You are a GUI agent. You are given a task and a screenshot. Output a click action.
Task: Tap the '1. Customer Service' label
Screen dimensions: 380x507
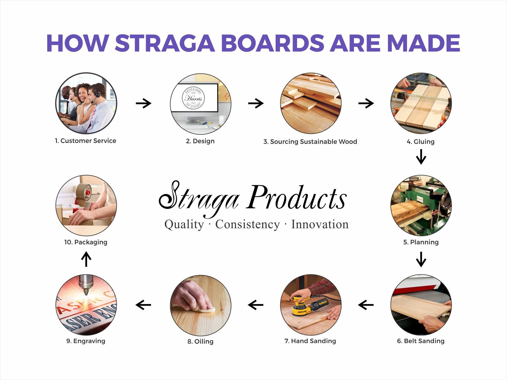point(85,141)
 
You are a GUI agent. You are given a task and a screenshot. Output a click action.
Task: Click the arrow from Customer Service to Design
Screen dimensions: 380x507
point(143,103)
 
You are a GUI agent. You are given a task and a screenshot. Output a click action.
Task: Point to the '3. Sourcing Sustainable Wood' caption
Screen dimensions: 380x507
point(310,142)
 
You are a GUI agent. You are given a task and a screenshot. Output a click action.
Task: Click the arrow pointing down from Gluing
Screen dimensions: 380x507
point(421,157)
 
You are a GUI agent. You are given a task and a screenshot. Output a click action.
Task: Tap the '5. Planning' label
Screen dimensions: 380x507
point(421,242)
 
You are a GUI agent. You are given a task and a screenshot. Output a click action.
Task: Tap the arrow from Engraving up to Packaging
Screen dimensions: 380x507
point(86,259)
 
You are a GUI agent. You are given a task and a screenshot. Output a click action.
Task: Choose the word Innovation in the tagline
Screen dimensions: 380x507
point(320,224)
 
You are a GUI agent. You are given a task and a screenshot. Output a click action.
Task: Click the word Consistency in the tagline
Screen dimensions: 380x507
point(247,224)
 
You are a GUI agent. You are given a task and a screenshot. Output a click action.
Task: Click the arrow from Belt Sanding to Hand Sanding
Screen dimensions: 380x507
point(366,305)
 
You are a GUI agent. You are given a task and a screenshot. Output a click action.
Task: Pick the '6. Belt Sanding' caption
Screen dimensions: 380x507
point(420,341)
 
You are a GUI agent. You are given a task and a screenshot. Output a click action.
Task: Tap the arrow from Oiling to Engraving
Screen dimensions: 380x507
point(143,305)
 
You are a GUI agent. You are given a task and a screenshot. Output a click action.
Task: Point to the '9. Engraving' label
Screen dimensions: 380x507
point(86,341)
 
